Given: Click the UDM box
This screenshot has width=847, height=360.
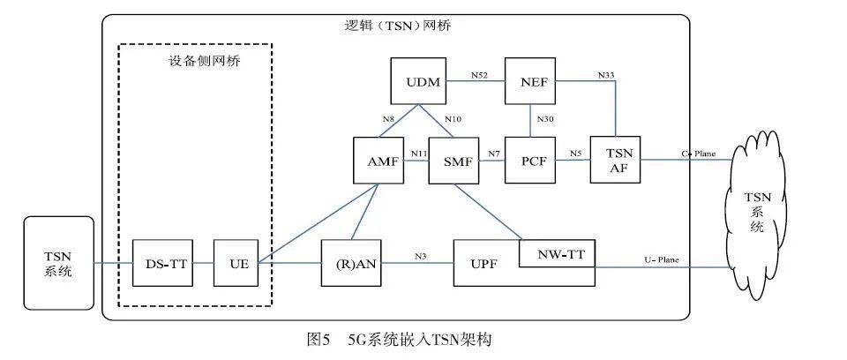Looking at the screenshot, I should (418, 82).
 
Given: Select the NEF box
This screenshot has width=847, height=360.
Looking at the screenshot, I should (534, 82).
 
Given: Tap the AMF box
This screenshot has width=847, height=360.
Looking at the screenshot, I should (379, 161).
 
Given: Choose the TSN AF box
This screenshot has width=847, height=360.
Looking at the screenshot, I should (613, 161).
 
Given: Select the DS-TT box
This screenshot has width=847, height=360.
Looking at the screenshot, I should (161, 262).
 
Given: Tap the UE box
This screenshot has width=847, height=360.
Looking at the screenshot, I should (236, 262).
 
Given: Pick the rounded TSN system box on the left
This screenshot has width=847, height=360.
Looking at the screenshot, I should (58, 262).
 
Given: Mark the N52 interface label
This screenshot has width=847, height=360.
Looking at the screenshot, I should (478, 76).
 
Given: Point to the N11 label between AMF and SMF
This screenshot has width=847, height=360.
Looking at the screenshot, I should (418, 154).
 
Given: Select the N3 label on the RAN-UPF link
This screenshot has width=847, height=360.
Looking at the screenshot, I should (422, 256).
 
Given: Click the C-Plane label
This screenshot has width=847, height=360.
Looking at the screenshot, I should (698, 154).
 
